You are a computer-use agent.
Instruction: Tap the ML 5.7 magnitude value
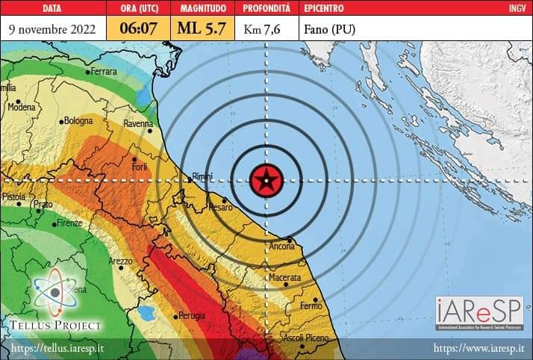click(201, 29)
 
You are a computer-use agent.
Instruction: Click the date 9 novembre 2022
click(52, 29)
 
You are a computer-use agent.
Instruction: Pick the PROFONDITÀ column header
click(268, 9)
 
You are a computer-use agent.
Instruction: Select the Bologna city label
click(78, 120)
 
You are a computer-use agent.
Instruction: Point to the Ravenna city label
click(138, 124)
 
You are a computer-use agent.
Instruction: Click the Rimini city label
click(202, 176)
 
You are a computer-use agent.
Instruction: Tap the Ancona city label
click(282, 246)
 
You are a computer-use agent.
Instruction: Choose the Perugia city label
click(192, 316)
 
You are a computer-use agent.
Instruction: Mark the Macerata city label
click(284, 278)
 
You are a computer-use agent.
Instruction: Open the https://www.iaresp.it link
click(479, 349)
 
